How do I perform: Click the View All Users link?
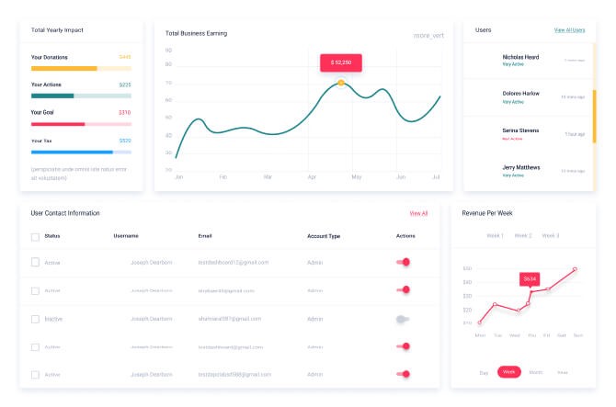[569, 30]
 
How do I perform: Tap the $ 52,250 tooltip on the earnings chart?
[341, 62]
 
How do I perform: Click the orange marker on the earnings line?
[341, 83]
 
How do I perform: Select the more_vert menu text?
[428, 36]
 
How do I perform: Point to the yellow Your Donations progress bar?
[64, 68]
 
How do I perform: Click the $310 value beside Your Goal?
[125, 113]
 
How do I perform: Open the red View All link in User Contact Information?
[418, 213]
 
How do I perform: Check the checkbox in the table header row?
[35, 236]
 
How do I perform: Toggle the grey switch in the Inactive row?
[402, 319]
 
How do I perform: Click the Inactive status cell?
[54, 319]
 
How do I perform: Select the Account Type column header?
[324, 236]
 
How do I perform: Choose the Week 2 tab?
[523, 236]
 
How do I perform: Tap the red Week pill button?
[509, 372]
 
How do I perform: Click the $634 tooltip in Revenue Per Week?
[529, 278]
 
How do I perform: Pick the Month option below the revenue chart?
[536, 372]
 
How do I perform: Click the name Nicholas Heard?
[520, 57]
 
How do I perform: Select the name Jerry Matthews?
[521, 167]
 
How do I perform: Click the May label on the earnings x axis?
[357, 176]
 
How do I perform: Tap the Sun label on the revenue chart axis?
[577, 335]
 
